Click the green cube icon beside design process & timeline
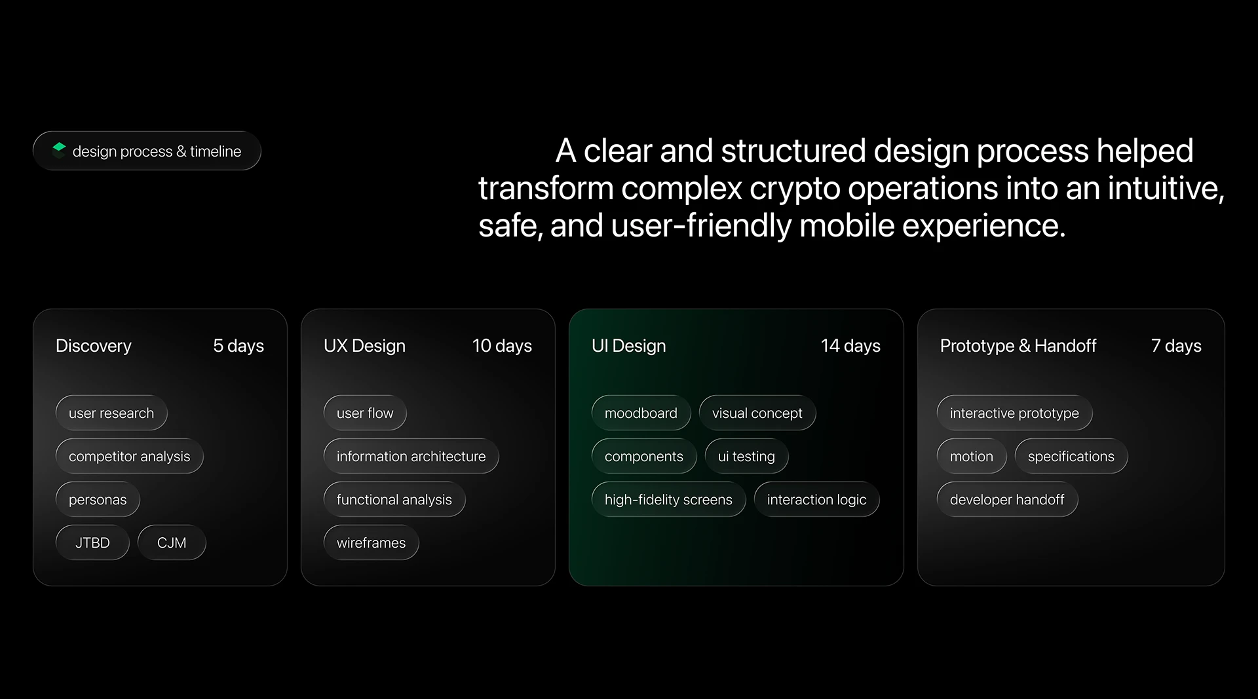pos(59,150)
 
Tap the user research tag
pos(111,413)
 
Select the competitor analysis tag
pos(130,456)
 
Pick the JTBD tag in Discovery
pos(92,542)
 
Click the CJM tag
pos(172,542)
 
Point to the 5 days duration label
pos(238,346)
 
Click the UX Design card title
pos(364,346)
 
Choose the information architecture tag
pos(411,456)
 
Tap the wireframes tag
pos(372,542)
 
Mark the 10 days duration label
pos(502,346)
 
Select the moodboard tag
pos(641,413)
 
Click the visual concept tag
pos(757,413)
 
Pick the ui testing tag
pos(747,456)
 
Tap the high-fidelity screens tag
pos(669,499)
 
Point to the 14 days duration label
pos(850,346)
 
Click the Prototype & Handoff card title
pos(1018,346)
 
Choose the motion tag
pos(972,456)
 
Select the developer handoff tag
pos(1008,499)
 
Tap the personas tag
pos(98,499)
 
